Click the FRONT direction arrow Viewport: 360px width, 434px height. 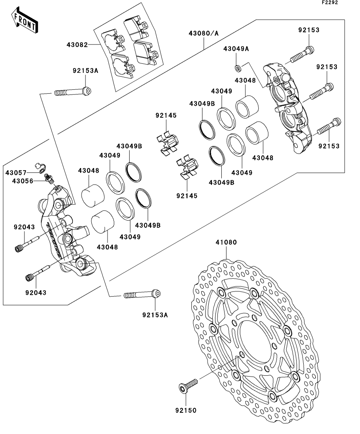point(24,21)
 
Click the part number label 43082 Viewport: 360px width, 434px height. point(77,44)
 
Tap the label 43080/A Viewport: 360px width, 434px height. point(204,33)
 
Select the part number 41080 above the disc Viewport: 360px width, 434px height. point(226,242)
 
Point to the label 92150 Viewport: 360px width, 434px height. point(186,410)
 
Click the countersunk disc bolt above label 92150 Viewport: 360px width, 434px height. point(188,386)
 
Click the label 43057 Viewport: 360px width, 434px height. point(16,173)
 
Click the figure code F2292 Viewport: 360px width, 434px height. point(330,2)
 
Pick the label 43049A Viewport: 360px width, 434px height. point(236,49)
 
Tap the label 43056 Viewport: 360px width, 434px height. point(22,181)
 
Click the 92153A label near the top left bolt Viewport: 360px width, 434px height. point(85,70)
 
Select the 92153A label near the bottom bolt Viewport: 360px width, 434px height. point(155,315)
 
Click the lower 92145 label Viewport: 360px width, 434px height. point(187,196)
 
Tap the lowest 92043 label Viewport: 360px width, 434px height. point(36,293)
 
